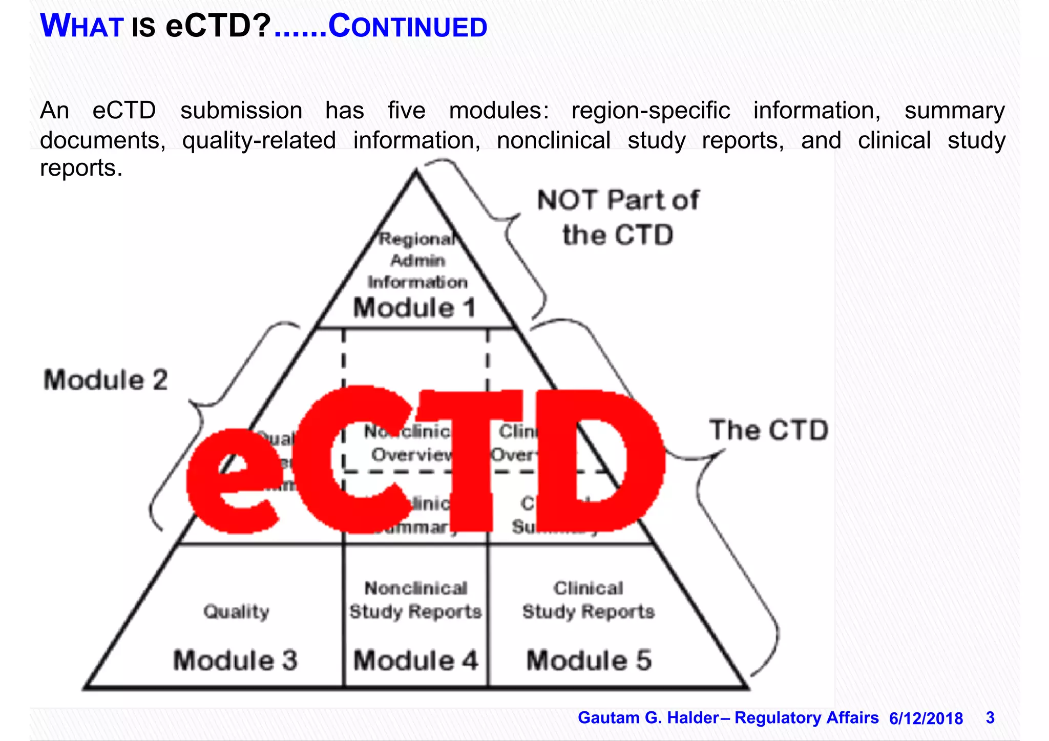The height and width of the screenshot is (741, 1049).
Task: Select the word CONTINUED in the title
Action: (408, 27)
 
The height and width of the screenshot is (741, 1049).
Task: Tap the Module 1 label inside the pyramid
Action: (414, 308)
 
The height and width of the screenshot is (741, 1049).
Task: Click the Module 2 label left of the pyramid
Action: (106, 380)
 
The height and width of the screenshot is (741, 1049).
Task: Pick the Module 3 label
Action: (235, 660)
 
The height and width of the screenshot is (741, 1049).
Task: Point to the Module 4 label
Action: (415, 660)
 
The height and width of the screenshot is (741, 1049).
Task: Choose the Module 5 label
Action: (589, 660)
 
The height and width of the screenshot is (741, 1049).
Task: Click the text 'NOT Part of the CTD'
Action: (618, 218)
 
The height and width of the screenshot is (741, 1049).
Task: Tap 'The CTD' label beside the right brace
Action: (768, 430)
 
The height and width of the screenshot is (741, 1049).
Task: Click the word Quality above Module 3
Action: (236, 611)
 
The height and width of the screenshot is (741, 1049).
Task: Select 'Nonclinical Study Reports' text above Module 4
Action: (415, 600)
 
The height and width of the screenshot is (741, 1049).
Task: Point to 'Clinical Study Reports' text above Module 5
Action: (589, 600)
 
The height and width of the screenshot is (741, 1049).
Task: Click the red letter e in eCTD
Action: (233, 481)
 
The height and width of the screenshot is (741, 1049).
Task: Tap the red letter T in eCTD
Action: (469, 461)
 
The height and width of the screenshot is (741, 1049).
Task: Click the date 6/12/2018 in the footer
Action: (926, 718)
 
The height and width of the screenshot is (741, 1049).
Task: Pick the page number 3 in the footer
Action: (990, 718)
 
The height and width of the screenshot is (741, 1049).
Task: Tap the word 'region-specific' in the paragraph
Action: (651, 111)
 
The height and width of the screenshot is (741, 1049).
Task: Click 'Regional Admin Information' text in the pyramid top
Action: (417, 261)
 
